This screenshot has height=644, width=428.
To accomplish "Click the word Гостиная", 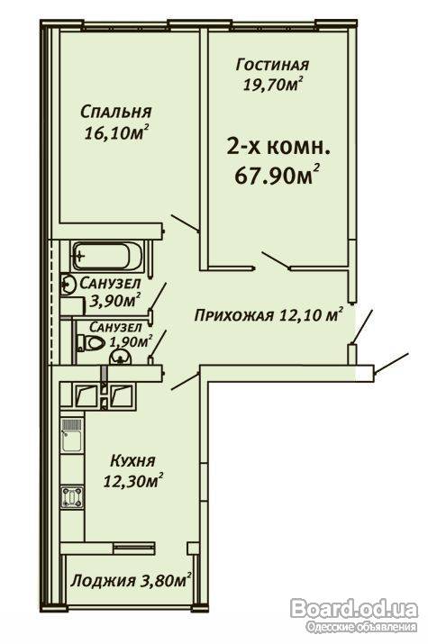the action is (272, 65).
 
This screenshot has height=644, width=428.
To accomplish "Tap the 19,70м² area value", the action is (273, 84).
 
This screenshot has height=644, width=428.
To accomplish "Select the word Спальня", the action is (116, 112).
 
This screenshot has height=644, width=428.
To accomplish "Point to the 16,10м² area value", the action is (116, 132).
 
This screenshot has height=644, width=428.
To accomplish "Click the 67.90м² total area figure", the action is (278, 176).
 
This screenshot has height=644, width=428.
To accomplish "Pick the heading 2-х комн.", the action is (279, 147).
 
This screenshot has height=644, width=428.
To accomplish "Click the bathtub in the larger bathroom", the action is (107, 256).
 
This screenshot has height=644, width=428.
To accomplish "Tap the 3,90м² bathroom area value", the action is (115, 300).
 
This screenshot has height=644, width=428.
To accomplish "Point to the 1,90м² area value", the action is (130, 340).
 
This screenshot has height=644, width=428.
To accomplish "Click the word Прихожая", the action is (233, 316).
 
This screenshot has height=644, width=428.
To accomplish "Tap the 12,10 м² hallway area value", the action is (311, 314).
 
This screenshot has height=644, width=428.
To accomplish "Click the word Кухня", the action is (132, 461).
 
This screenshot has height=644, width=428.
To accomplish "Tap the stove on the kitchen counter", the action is (72, 497).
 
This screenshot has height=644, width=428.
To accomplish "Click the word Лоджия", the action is (103, 581).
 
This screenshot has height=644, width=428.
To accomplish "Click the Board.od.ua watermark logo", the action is (354, 609).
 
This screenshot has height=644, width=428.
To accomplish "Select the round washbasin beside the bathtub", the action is (68, 284).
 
